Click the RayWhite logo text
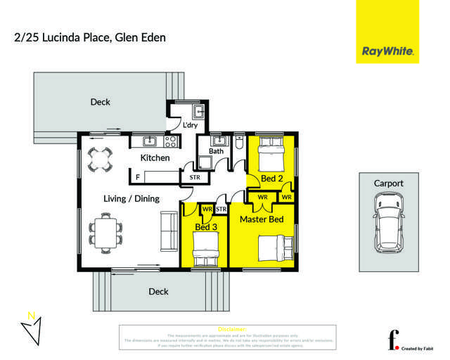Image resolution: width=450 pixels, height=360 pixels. point(387,51)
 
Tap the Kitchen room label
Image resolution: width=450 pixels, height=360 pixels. point(155,158)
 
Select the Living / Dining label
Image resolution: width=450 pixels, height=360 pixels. point(131,198)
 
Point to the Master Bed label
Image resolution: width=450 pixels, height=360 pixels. point(262,220)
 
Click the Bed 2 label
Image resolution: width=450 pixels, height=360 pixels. point(271,179)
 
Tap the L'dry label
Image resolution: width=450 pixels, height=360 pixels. point(190,126)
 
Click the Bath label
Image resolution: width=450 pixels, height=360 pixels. point(216,151)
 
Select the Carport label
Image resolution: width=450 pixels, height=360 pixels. point(388,184)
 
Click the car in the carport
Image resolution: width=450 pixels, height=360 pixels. point(388,224)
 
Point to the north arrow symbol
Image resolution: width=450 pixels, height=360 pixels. point(31,328)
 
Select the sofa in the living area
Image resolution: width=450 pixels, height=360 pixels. point(169,231)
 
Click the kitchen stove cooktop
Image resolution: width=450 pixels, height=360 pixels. point(169,141)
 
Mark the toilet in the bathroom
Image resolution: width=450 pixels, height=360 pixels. point(238,143)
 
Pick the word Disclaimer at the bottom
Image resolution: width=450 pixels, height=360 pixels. point(232,329)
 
